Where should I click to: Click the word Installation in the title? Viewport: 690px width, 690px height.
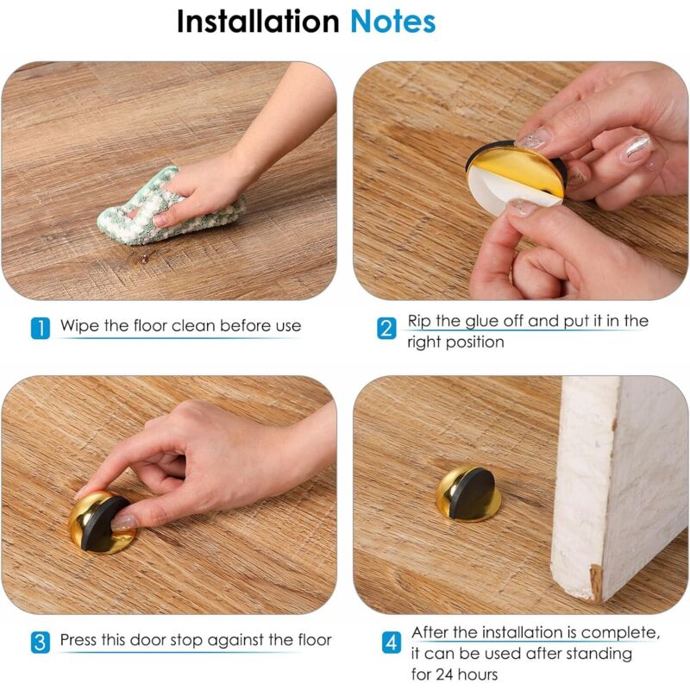coord(258,21)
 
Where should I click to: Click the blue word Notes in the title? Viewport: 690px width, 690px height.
coord(393,22)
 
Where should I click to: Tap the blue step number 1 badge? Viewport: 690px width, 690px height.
coord(41,328)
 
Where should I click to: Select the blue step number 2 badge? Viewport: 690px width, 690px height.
coord(386,329)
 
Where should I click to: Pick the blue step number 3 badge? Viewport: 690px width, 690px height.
coord(41,642)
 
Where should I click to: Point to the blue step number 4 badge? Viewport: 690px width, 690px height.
coord(392,643)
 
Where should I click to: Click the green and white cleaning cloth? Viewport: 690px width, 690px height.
coord(169,206)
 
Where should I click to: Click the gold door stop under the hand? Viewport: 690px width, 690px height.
coord(102,523)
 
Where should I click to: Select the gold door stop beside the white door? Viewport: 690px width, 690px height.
coord(468,493)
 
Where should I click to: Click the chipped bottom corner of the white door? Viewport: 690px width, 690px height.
coord(596,583)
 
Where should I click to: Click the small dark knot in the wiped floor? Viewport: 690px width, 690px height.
coord(144,258)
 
